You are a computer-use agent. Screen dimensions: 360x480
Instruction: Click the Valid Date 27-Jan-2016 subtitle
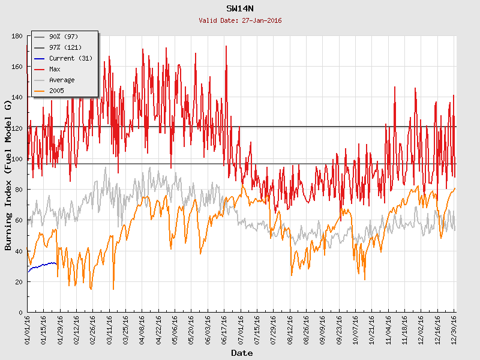pos(240,20)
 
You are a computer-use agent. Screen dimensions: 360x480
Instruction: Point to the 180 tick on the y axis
pos(17,37)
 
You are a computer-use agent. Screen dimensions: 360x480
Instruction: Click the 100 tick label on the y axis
pos(17,159)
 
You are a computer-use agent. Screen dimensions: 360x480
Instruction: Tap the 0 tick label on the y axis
pos(20,313)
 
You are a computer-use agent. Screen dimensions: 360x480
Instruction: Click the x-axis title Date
pos(242,353)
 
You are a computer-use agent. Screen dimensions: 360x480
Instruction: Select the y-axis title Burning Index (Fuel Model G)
pos(8,175)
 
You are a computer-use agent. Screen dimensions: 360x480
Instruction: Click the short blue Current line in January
pos(42,265)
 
